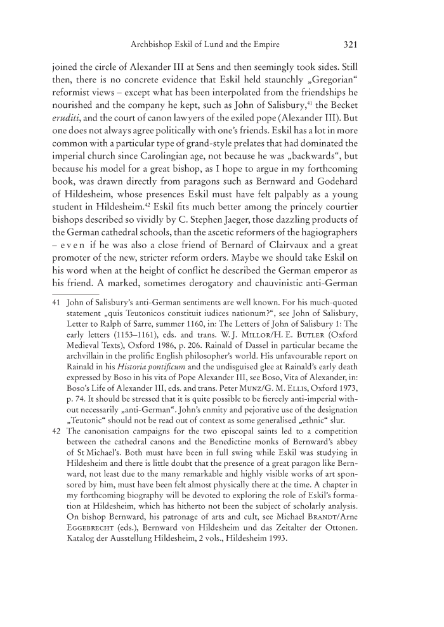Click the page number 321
(x=351, y=46)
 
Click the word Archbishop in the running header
(x=153, y=46)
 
